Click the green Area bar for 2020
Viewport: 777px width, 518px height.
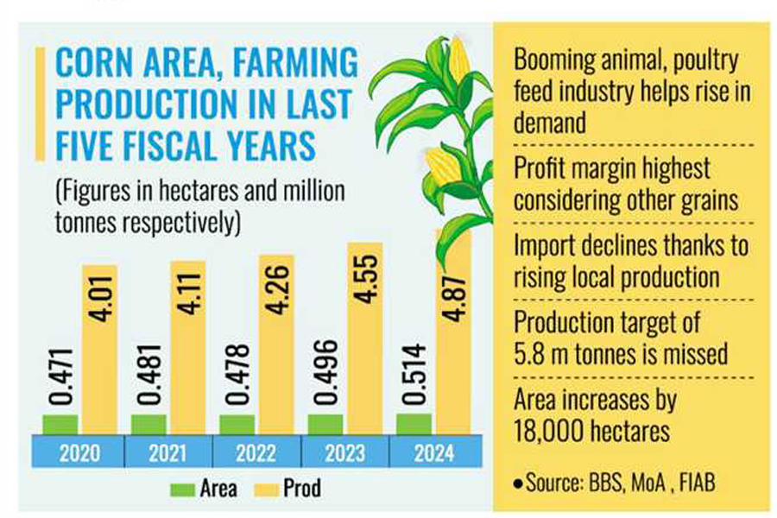[x=60, y=424]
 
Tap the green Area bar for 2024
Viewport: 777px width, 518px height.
[x=414, y=423]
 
